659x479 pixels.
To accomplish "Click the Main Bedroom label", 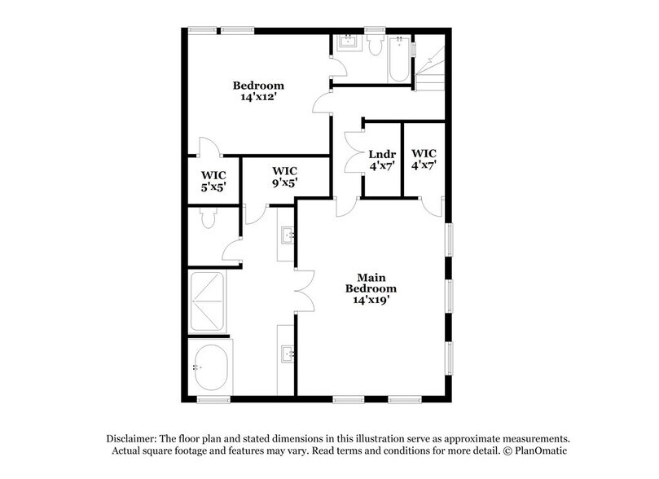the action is [371, 283].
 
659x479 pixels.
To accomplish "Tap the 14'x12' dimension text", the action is [258, 97].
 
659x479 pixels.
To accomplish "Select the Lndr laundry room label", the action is [382, 154].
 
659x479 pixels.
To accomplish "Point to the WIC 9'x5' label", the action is [284, 177].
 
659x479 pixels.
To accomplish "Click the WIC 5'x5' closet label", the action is [213, 181].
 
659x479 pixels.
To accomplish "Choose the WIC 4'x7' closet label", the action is [424, 159].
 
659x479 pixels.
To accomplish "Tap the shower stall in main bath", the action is [207, 301].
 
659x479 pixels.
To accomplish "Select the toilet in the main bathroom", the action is [209, 218].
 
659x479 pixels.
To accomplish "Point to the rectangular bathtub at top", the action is [399, 59].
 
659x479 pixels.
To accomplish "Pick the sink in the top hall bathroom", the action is [349, 42].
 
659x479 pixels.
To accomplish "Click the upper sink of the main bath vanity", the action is [288, 235].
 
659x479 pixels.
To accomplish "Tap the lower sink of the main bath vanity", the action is [288, 354].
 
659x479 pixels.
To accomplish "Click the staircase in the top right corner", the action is [430, 63].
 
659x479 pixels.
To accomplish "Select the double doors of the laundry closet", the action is [353, 152].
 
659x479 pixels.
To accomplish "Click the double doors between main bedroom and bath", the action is [305, 291].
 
